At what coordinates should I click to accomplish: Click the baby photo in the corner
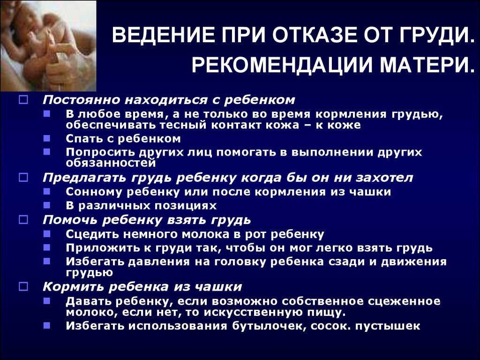coord(48,46)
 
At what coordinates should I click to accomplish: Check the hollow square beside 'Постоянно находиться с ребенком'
coord(23,100)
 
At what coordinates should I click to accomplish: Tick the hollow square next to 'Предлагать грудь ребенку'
coord(23,178)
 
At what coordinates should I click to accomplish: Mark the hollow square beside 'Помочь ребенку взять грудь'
coord(23,220)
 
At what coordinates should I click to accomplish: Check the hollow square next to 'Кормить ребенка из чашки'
coord(23,287)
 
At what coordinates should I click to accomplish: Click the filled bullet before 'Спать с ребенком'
coord(47,138)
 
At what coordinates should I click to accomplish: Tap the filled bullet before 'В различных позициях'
coord(47,205)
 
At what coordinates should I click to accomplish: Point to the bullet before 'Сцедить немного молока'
coord(47,234)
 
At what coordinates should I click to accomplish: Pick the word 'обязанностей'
coord(111,163)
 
